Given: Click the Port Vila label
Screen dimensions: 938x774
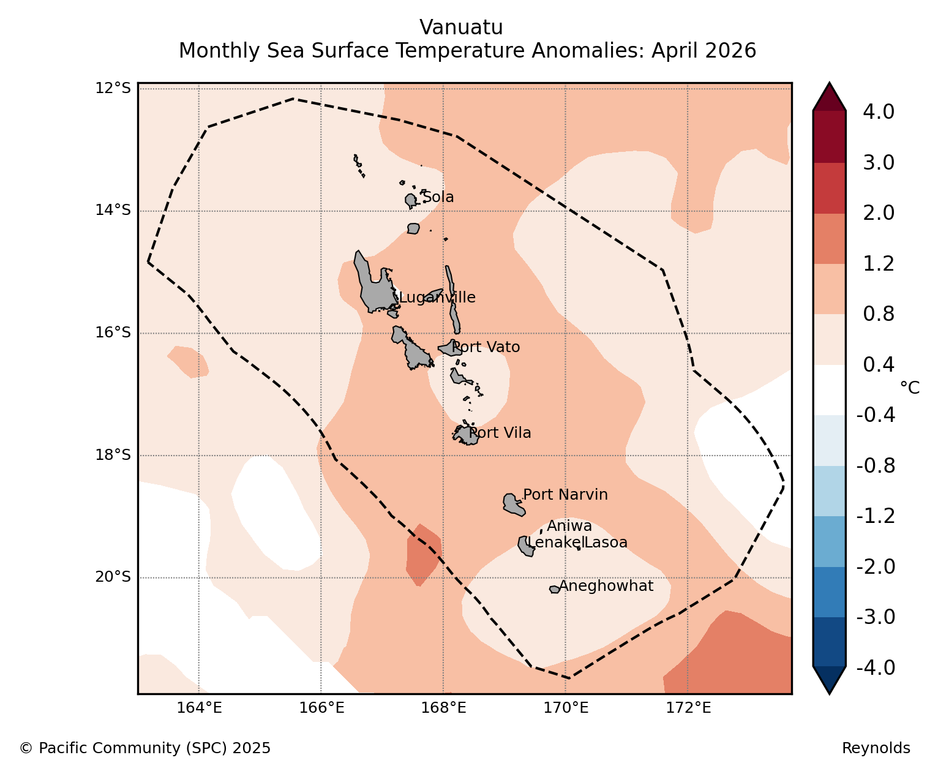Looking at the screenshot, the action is point(500,433).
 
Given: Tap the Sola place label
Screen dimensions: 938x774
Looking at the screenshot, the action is point(438,197).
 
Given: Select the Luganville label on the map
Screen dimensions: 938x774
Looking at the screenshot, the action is point(437,298).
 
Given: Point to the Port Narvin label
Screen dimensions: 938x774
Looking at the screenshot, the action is point(565,495).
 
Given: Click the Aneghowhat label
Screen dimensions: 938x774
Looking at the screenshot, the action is point(606,586).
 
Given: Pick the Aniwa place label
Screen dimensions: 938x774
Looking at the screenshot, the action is point(569,525).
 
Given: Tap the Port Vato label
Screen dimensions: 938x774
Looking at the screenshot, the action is point(486,347).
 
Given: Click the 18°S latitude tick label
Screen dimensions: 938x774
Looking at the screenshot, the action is point(113,454).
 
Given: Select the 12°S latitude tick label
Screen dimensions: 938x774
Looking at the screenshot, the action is point(113,88).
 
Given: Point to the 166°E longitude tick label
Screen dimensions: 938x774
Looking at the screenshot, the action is point(321,708).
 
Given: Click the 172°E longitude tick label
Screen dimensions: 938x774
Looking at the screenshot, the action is point(688,708).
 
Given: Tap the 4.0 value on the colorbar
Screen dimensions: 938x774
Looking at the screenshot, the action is point(878,111).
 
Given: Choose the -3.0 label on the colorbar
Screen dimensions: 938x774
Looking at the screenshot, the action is point(876,617).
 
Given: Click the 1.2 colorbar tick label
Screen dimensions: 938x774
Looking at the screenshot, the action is point(878,263).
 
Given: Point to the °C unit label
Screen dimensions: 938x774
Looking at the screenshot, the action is point(910,388).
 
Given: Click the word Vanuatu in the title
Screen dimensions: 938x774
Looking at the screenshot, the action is point(462,28).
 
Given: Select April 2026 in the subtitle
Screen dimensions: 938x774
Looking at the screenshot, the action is point(704,50).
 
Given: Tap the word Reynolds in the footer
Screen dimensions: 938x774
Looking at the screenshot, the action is point(876,748).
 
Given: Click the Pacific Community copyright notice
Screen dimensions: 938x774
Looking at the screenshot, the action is point(144,748).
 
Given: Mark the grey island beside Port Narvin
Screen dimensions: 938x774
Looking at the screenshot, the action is point(514,505).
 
